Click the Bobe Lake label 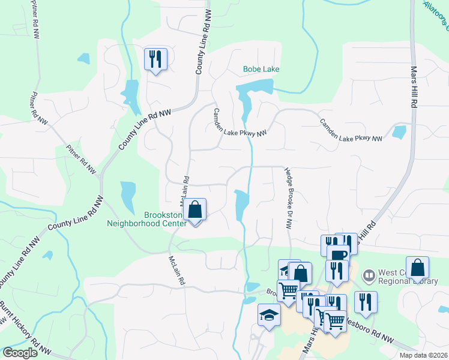pyautogui.click(x=261, y=70)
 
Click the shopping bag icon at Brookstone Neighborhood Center pyautogui.click(x=195, y=210)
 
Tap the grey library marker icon pyautogui.click(x=369, y=277)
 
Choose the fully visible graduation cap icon pyautogui.click(x=268, y=314)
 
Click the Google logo pyautogui.click(x=20, y=353)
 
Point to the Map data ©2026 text pyautogui.click(x=423, y=355)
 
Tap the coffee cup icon pyautogui.click(x=337, y=254)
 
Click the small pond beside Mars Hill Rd pyautogui.click(x=399, y=132)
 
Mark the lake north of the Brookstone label pyautogui.click(x=128, y=193)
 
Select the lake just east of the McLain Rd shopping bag pyautogui.click(x=241, y=203)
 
